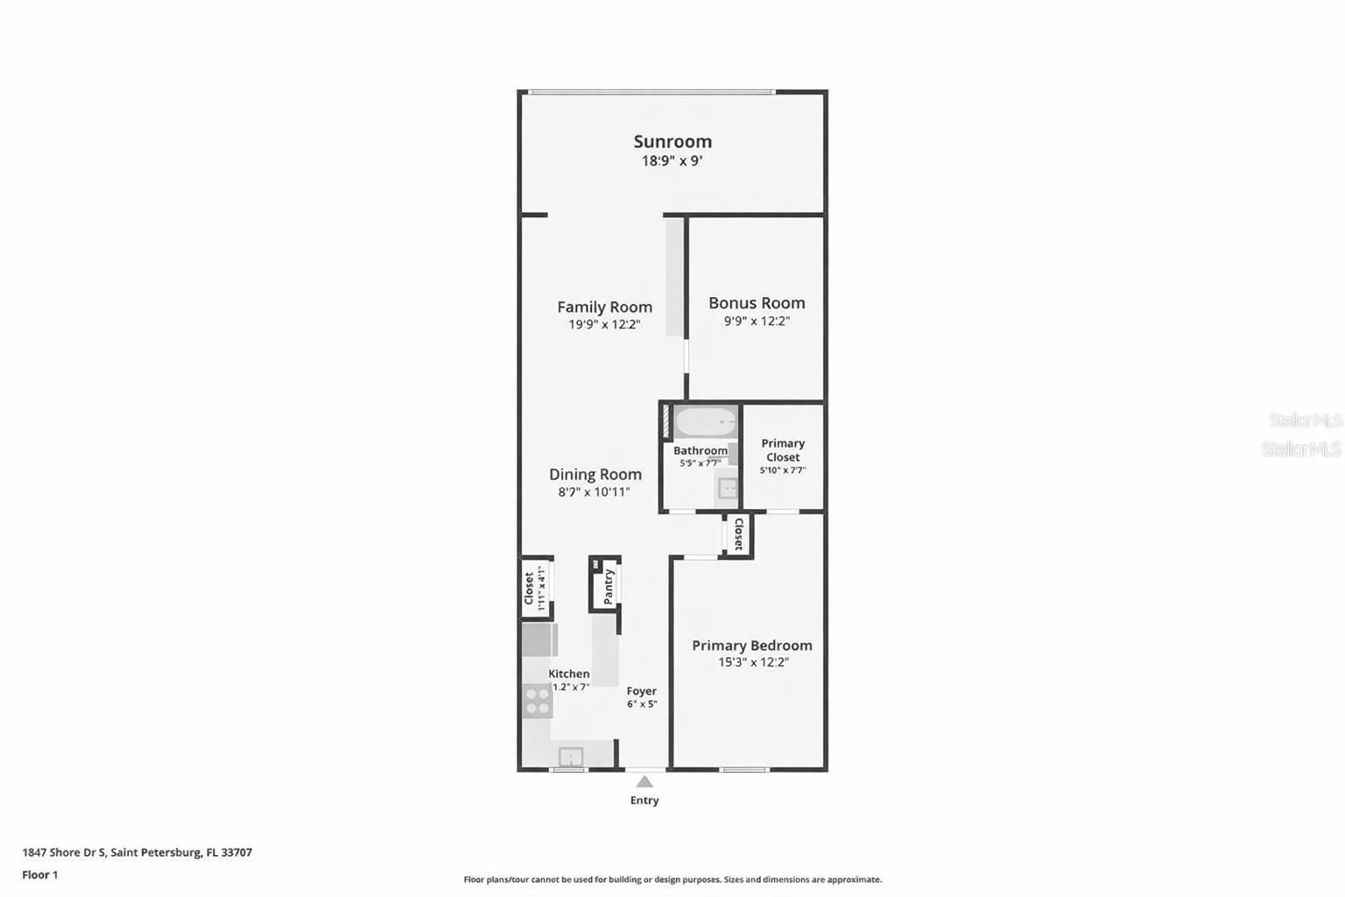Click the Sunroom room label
[672, 141]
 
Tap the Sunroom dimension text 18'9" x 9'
[672, 161]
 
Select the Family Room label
[604, 307]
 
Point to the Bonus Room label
[757, 302]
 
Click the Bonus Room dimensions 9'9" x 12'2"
[757, 321]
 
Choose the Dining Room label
[595, 474]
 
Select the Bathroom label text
[700, 450]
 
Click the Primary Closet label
[783, 450]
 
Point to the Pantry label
[609, 586]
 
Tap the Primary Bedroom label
[751, 645]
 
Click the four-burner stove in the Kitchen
[537, 701]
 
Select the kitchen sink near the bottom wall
[571, 756]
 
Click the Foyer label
[641, 691]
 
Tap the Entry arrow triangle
[644, 781]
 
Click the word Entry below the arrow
[644, 801]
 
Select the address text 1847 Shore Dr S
[64, 852]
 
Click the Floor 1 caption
[40, 874]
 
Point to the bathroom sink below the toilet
[727, 489]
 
